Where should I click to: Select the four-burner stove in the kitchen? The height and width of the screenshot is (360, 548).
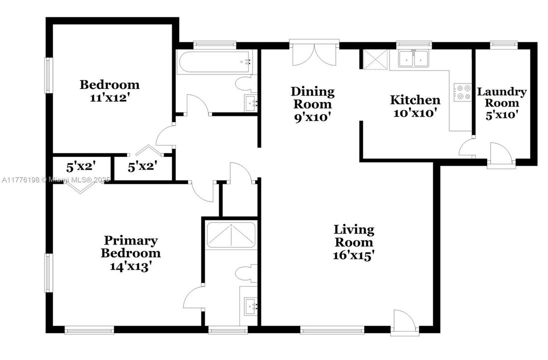(462, 92)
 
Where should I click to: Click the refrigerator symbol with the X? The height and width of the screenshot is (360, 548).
(375, 59)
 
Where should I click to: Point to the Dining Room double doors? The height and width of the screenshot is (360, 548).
(313, 54)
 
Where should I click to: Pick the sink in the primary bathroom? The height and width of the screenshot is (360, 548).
(249, 304)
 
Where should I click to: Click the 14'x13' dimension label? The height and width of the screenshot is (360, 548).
(130, 266)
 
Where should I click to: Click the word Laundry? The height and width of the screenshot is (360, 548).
(502, 92)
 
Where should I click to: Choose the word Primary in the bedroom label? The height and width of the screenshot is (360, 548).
(130, 240)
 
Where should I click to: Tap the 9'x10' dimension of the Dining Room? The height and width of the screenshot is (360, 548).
(313, 116)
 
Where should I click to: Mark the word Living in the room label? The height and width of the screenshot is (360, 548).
(354, 229)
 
